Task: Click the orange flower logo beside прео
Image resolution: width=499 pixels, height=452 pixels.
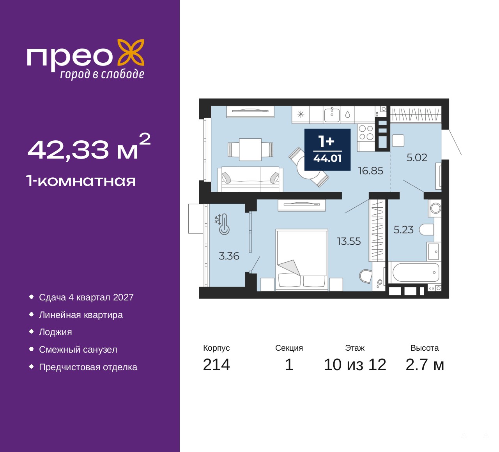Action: click(131, 53)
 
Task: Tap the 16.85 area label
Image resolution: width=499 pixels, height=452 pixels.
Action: click(370, 171)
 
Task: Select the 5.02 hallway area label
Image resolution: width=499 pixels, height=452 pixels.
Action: click(417, 157)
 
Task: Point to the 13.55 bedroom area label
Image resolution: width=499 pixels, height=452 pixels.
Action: click(349, 241)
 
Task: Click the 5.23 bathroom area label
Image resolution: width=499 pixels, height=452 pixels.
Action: click(403, 230)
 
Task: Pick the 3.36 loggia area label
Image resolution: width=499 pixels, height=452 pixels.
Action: click(229, 256)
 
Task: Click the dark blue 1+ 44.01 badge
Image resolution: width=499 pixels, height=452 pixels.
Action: click(327, 150)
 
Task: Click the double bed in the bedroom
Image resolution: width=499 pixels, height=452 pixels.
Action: click(302, 260)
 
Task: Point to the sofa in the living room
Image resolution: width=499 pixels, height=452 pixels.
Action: click(250, 179)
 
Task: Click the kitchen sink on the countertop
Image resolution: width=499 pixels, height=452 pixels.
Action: click(332, 115)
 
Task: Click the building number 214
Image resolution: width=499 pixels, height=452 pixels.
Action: click(216, 365)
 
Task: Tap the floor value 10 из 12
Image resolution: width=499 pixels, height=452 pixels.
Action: click(355, 365)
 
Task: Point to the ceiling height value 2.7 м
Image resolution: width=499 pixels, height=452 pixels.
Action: click(425, 365)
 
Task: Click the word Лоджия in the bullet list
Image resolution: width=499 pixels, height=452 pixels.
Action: click(55, 332)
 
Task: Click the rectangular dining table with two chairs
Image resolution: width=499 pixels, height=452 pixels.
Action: click(250, 149)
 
